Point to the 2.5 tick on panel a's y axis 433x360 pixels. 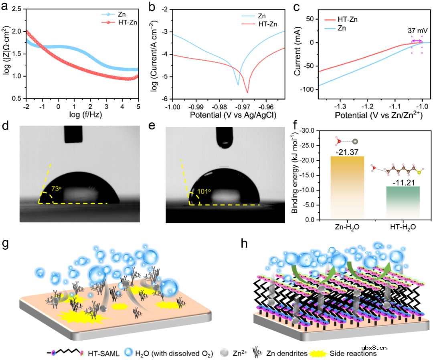point(16,9)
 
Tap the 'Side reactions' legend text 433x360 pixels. point(353,354)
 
